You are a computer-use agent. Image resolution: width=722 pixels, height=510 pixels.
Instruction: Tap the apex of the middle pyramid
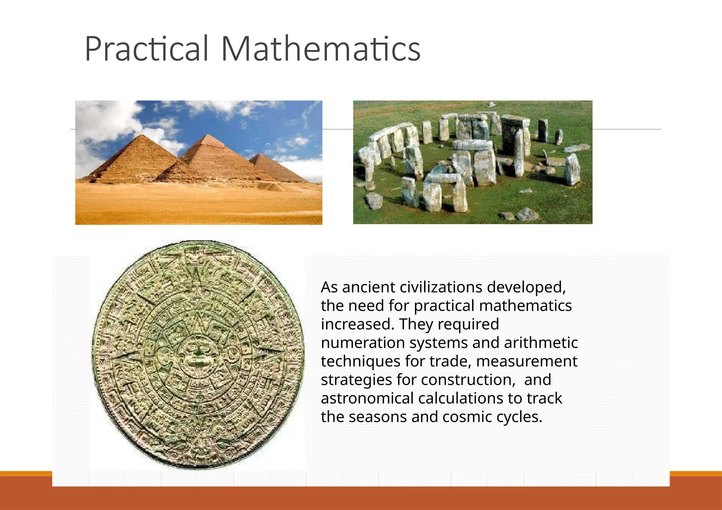(x=210, y=135)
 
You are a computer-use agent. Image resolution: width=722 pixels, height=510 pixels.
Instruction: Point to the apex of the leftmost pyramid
(x=142, y=135)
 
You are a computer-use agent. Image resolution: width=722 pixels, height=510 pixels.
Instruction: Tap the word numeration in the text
(x=362, y=343)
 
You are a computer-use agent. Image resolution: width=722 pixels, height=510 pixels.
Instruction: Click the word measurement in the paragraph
(x=527, y=361)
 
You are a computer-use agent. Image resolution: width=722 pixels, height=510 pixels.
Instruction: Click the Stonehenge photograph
(x=472, y=162)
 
